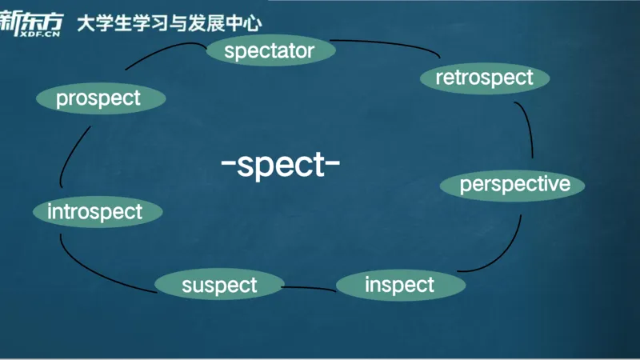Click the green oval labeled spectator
coord(269,52)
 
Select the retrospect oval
coord(484,78)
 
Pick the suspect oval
coord(219,285)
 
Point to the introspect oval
coord(96,212)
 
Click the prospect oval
coord(100,98)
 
